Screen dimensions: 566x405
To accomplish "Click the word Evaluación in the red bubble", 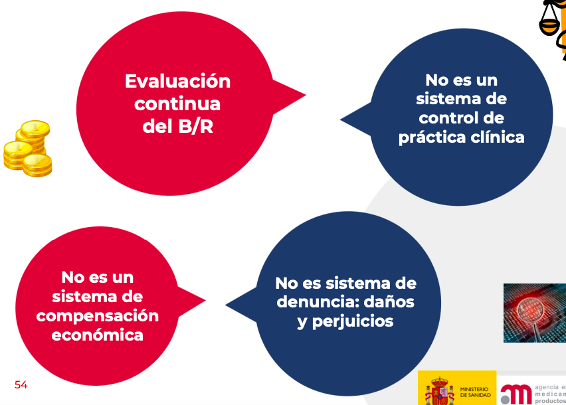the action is click(x=177, y=81).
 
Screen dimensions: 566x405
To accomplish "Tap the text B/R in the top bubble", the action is click(x=196, y=126).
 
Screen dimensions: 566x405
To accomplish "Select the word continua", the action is click(x=177, y=104).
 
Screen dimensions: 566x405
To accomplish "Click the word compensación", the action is click(x=98, y=316).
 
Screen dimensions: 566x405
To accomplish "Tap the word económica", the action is click(x=98, y=335).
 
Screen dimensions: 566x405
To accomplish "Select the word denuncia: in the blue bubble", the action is click(x=318, y=301).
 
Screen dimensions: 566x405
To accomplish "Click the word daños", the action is click(x=389, y=301).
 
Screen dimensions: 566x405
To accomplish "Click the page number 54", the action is click(x=21, y=385).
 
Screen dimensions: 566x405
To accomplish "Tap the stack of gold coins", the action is click(x=28, y=149).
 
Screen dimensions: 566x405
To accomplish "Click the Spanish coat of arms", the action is click(x=439, y=391).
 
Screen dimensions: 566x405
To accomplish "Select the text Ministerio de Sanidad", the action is click(x=476, y=392).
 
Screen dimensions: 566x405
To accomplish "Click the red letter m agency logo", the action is click(x=516, y=394).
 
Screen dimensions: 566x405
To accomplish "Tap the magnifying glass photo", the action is click(x=535, y=313).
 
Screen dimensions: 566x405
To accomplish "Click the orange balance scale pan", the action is click(x=549, y=27).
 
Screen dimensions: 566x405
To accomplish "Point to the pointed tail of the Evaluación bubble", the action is click(x=306, y=95).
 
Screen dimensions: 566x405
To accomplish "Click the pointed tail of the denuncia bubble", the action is click(x=226, y=305).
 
